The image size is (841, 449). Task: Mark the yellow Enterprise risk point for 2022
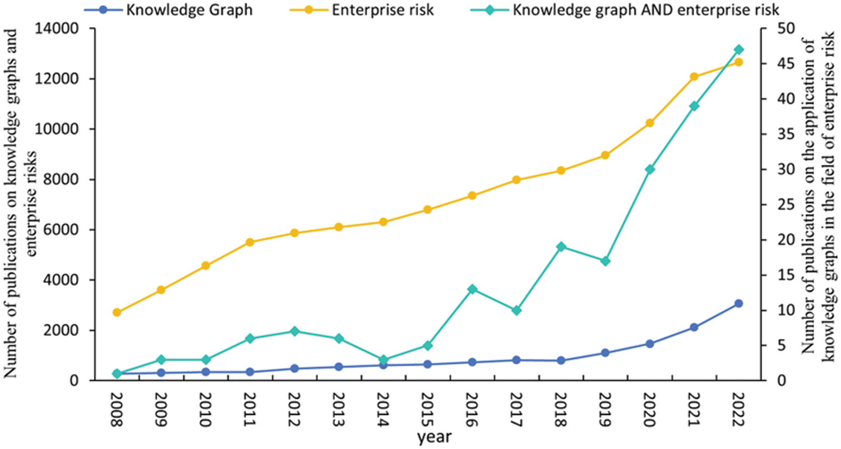(738, 62)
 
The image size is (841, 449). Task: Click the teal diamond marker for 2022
(738, 50)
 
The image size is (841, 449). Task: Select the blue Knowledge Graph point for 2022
(738, 303)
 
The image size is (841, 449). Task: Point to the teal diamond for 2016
(472, 289)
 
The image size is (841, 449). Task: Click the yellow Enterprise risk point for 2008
(117, 312)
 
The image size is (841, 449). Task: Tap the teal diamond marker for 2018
(561, 247)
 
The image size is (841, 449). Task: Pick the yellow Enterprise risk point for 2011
(250, 242)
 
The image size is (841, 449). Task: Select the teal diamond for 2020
(650, 169)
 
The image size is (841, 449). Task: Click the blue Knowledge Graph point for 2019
(605, 353)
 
